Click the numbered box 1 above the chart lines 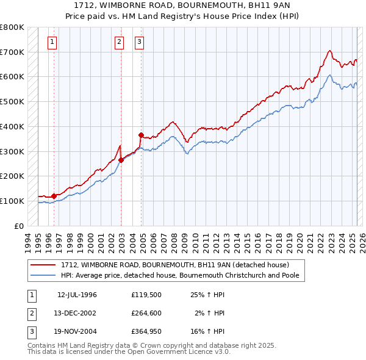pos(52,42)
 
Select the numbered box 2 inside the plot pos(119,42)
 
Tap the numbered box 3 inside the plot pos(139,42)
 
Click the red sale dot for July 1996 pos(54,196)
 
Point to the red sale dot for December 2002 pos(121,160)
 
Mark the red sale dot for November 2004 pos(141,135)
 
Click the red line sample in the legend pos(44,265)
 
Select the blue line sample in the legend pos(44,275)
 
